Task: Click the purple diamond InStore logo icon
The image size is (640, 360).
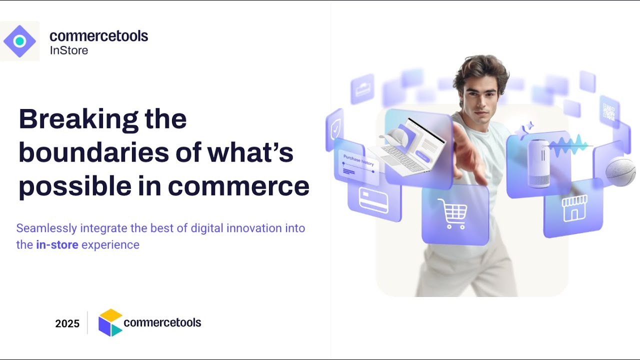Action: click(19, 41)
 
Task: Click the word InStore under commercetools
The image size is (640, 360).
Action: click(69, 50)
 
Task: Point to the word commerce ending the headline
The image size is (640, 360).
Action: click(238, 186)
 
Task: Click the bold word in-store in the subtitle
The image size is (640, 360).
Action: click(57, 245)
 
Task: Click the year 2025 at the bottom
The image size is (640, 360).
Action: click(67, 323)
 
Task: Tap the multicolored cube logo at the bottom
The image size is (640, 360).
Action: click(110, 322)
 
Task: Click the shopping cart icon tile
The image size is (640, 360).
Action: click(452, 214)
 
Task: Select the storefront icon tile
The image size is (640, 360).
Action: click(574, 208)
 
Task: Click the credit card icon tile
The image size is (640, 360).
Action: click(373, 200)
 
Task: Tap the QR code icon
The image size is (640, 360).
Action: click(608, 112)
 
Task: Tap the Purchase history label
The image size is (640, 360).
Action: click(358, 160)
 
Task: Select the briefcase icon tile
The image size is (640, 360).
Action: click(362, 89)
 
